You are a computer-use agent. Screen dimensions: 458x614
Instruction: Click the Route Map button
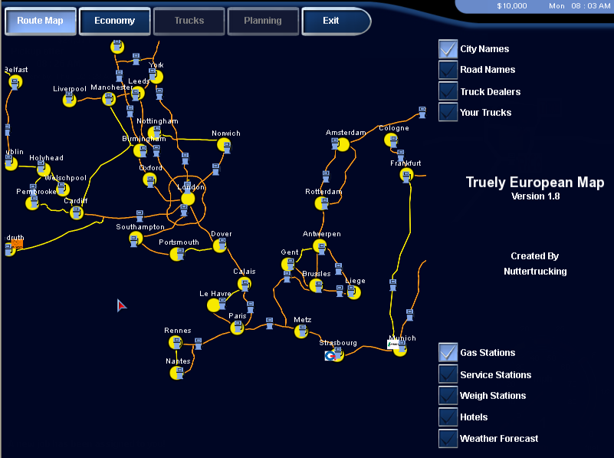coord(41,21)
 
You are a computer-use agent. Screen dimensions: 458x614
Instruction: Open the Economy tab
coord(114,21)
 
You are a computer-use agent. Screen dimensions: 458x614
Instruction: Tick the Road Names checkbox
coord(448,70)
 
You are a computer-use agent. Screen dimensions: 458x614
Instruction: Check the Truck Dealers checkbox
coord(448,91)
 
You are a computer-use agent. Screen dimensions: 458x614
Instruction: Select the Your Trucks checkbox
coord(448,112)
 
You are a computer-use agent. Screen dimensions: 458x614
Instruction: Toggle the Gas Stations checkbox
coord(448,353)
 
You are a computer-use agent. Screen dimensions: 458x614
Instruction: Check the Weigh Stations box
coord(448,396)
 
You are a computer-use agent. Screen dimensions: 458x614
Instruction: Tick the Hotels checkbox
coord(448,417)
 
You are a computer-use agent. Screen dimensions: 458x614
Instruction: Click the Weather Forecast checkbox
coord(448,439)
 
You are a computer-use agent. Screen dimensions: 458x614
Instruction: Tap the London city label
coord(191,186)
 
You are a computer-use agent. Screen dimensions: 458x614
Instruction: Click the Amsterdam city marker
coord(343,144)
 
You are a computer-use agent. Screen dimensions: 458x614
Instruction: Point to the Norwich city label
coord(226,133)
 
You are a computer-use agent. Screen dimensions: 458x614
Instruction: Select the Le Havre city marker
coord(214,305)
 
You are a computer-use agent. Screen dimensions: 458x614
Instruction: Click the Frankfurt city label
coord(406,163)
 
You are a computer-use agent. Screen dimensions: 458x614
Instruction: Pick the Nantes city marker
coord(176,373)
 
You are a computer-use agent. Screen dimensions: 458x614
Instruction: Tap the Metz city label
coord(302,320)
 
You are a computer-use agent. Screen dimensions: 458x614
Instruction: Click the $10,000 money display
coord(511,6)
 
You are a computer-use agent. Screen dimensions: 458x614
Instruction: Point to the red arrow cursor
coord(121,305)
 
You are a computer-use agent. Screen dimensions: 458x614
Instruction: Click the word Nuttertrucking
coord(535,271)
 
